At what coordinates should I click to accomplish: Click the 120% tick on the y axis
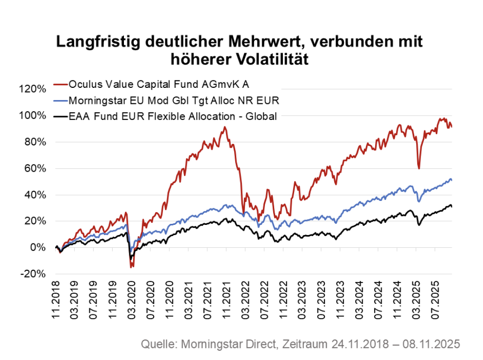pos(32,89)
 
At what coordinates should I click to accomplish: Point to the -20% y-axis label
pos(32,274)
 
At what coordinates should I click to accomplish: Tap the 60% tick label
pos(34,168)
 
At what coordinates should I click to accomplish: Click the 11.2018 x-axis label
pos(57,302)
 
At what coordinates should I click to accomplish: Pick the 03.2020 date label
pos(131,302)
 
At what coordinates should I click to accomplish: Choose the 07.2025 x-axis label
pos(436,302)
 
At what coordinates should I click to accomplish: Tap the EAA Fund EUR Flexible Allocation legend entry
pos(173,117)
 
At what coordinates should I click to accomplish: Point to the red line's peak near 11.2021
pos(224,127)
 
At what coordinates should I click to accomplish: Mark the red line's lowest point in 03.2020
pos(131,267)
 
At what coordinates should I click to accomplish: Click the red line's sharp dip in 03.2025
pos(419,168)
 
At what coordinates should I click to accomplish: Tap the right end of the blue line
pos(451,180)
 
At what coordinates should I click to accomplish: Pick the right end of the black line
pos(451,206)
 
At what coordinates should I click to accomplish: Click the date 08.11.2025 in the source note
pos(432,344)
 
